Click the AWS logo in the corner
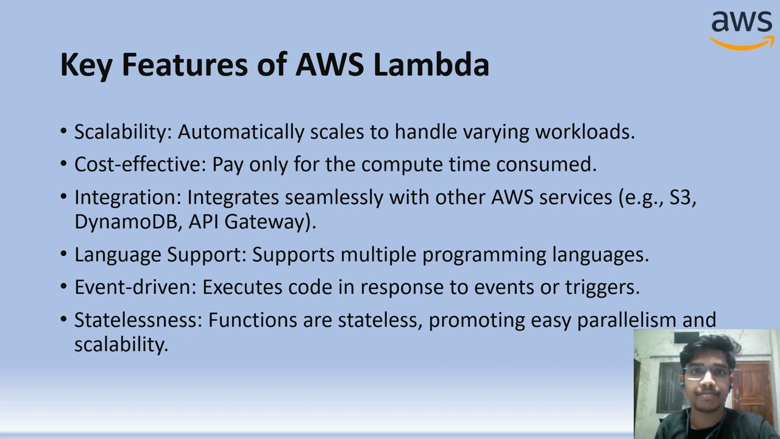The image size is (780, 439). tap(742, 29)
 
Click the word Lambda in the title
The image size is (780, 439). tap(431, 65)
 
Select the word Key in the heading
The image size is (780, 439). tap(86, 65)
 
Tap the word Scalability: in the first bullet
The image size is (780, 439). tap(122, 132)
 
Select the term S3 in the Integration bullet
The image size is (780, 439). tap(682, 198)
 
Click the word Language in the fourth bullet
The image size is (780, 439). tap(118, 255)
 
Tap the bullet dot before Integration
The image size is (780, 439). tap(64, 197)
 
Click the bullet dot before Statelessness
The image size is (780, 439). tap(64, 319)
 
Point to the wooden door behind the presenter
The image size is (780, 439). tap(753, 390)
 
